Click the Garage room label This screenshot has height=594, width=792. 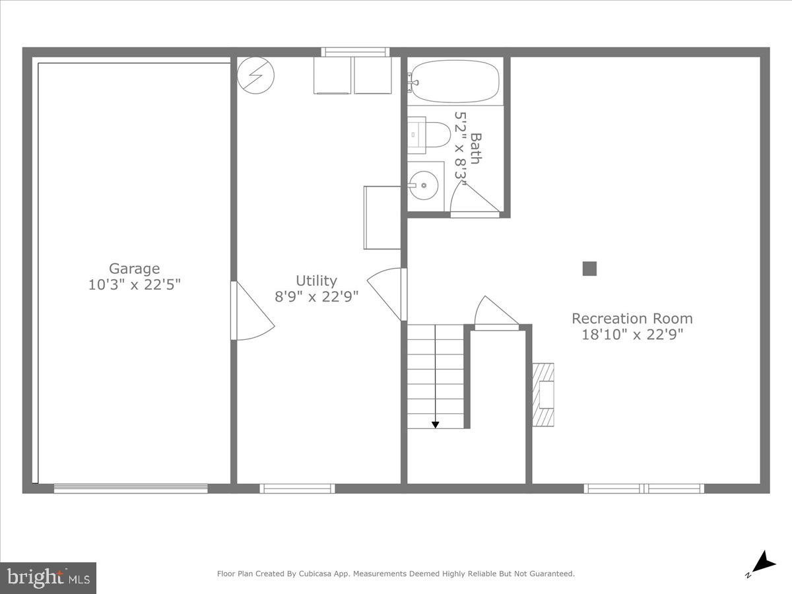pyautogui.click(x=134, y=269)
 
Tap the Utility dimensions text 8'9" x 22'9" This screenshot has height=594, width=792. pyautogui.click(x=316, y=296)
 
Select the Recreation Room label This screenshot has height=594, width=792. pyautogui.click(x=632, y=319)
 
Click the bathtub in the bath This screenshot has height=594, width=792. pyautogui.click(x=455, y=81)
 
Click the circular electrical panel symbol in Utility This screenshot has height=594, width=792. pyautogui.click(x=255, y=75)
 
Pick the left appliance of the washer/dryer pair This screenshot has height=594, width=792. pyautogui.click(x=333, y=75)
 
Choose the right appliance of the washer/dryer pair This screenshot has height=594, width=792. pyautogui.click(x=373, y=75)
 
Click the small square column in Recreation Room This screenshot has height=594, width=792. pyautogui.click(x=589, y=269)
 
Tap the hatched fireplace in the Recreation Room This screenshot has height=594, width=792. pyautogui.click(x=543, y=395)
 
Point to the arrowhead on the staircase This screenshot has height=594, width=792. pyautogui.click(x=436, y=424)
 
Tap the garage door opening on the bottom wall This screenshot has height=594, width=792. pyautogui.click(x=131, y=488)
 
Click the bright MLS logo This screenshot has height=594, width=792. pyautogui.click(x=48, y=577)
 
